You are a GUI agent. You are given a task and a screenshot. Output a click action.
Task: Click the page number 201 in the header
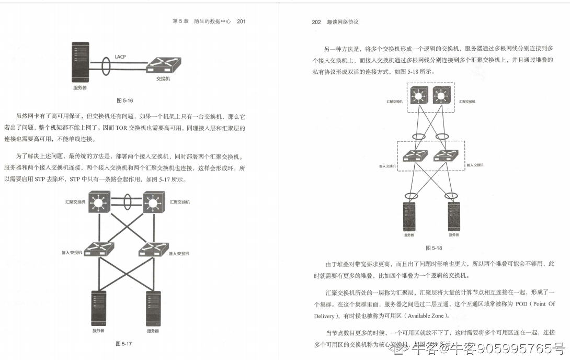(x=241, y=21)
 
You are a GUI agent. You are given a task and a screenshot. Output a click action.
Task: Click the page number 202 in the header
(x=316, y=22)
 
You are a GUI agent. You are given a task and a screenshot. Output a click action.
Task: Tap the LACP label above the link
(x=121, y=56)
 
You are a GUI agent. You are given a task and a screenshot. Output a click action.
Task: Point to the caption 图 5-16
(x=124, y=100)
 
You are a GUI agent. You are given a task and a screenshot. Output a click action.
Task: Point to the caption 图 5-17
(x=123, y=344)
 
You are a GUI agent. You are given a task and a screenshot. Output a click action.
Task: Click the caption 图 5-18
(x=434, y=248)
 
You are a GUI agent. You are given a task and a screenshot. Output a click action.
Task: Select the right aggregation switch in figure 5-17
(x=154, y=203)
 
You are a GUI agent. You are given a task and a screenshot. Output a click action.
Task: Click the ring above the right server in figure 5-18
(x=451, y=196)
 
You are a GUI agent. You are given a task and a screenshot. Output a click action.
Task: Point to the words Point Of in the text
(x=544, y=304)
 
